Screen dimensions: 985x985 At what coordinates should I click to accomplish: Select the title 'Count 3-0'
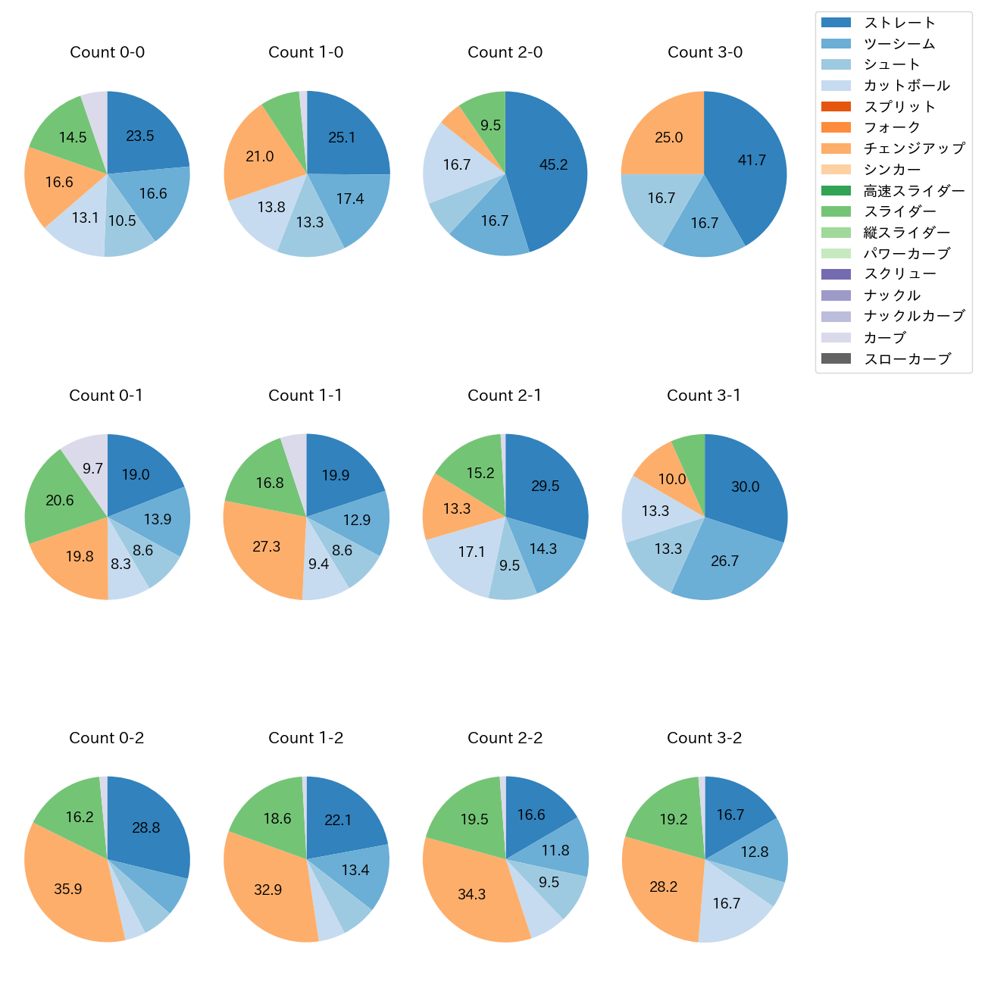pyautogui.click(x=705, y=52)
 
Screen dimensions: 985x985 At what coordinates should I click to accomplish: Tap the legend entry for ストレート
pyautogui.click(x=899, y=23)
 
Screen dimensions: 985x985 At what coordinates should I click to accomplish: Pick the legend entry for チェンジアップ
pyautogui.click(x=914, y=149)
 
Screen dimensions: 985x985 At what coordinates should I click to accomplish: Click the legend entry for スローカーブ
pyautogui.click(x=907, y=359)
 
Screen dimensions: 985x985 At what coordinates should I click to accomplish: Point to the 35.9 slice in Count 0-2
pyautogui.click(x=68, y=888)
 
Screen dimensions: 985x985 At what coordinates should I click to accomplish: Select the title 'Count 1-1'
pyautogui.click(x=305, y=396)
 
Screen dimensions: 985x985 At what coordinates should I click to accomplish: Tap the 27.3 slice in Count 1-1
pyautogui.click(x=267, y=547)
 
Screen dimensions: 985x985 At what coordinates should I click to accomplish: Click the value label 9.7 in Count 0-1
pyautogui.click(x=92, y=469)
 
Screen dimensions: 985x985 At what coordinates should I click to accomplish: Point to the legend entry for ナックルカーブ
pyautogui.click(x=914, y=317)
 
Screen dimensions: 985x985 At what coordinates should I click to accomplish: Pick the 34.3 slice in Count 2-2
pyautogui.click(x=471, y=894)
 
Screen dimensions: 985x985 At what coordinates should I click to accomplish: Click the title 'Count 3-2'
pyautogui.click(x=704, y=738)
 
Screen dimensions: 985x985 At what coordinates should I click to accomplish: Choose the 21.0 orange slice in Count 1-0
pyautogui.click(x=260, y=157)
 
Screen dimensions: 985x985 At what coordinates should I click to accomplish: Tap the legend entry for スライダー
pyautogui.click(x=899, y=211)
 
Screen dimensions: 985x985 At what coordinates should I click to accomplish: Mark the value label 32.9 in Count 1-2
pyautogui.click(x=267, y=890)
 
